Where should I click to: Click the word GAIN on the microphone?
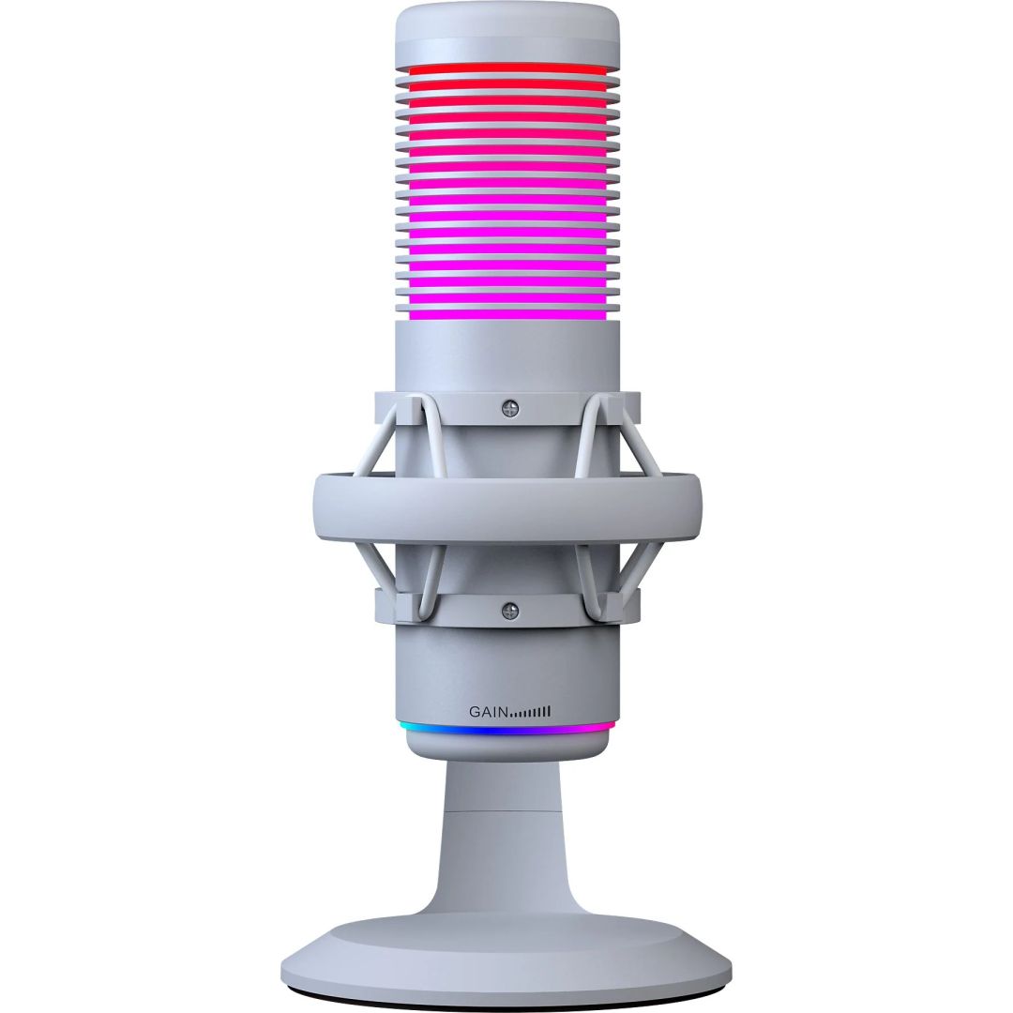488,712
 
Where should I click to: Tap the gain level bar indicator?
531,712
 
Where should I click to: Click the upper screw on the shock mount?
510,407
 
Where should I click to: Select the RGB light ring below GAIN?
506,727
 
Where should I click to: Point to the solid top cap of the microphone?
506,34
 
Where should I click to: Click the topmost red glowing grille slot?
506,69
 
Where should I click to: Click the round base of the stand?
506,947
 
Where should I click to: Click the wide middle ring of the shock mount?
506,506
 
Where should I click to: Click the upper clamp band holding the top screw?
450,407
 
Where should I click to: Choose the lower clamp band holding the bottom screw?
450,607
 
